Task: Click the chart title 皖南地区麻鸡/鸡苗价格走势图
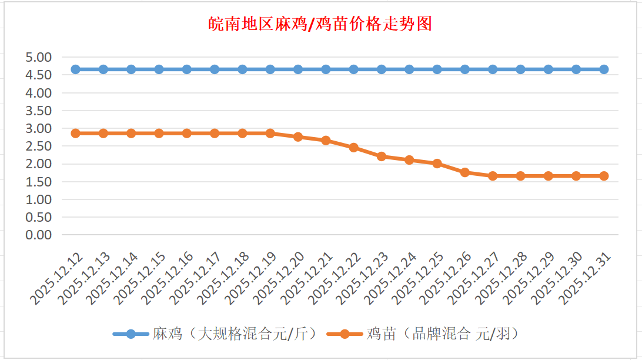[x=321, y=24]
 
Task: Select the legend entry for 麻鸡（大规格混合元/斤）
[x=218, y=334]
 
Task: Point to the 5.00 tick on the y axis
[x=39, y=57]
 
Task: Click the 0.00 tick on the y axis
[x=39, y=235]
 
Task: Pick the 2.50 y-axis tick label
[x=39, y=146]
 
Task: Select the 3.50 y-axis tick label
[x=39, y=111]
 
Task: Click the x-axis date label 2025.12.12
[x=58, y=279]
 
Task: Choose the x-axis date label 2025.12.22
[x=336, y=279]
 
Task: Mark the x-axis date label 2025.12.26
[x=447, y=279]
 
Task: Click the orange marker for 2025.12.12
[x=75, y=134]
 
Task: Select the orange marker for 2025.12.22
[x=354, y=148]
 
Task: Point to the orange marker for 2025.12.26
[x=465, y=172]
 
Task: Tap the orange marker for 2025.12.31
[x=604, y=176]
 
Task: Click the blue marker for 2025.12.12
[x=75, y=69]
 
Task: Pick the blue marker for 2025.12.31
[x=604, y=69]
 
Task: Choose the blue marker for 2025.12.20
[x=298, y=69]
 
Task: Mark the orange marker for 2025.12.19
[x=270, y=134]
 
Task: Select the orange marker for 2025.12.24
[x=409, y=160]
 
